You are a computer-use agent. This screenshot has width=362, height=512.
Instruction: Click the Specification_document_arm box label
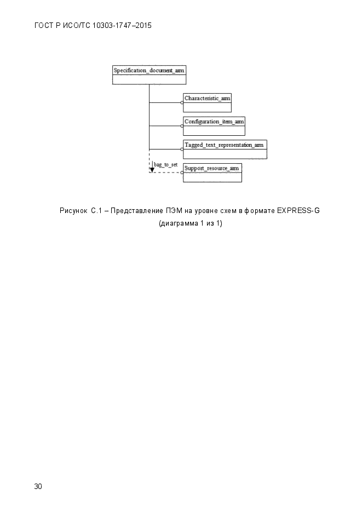[149, 70]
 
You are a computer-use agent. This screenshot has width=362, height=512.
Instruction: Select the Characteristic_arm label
[207, 98]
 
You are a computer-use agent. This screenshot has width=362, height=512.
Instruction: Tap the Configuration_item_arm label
[214, 122]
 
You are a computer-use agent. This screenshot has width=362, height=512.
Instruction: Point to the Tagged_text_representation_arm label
[224, 145]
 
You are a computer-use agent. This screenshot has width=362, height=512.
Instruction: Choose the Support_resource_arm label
[211, 168]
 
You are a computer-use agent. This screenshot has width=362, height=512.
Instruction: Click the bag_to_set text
[166, 165]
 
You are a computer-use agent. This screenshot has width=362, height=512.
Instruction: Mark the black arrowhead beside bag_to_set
[152, 169]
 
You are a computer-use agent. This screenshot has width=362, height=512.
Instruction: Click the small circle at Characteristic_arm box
[182, 102]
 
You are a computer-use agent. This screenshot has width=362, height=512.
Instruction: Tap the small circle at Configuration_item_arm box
[182, 126]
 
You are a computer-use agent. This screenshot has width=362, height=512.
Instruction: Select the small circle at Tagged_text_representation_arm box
[182, 149]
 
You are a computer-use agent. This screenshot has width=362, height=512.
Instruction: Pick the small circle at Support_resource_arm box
[182, 172]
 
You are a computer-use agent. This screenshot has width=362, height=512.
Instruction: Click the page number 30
[38, 486]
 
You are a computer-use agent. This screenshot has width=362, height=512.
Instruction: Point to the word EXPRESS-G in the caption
[298, 211]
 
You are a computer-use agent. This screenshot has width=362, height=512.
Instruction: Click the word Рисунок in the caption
[73, 211]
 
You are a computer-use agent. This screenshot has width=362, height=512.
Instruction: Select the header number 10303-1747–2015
[122, 26]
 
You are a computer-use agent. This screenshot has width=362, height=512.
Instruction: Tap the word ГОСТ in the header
[43, 26]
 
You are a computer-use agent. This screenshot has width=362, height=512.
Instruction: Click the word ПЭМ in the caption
[174, 211]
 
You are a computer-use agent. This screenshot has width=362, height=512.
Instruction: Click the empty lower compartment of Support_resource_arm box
[212, 177]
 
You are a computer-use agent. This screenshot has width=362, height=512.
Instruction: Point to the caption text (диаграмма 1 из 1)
[191, 223]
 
